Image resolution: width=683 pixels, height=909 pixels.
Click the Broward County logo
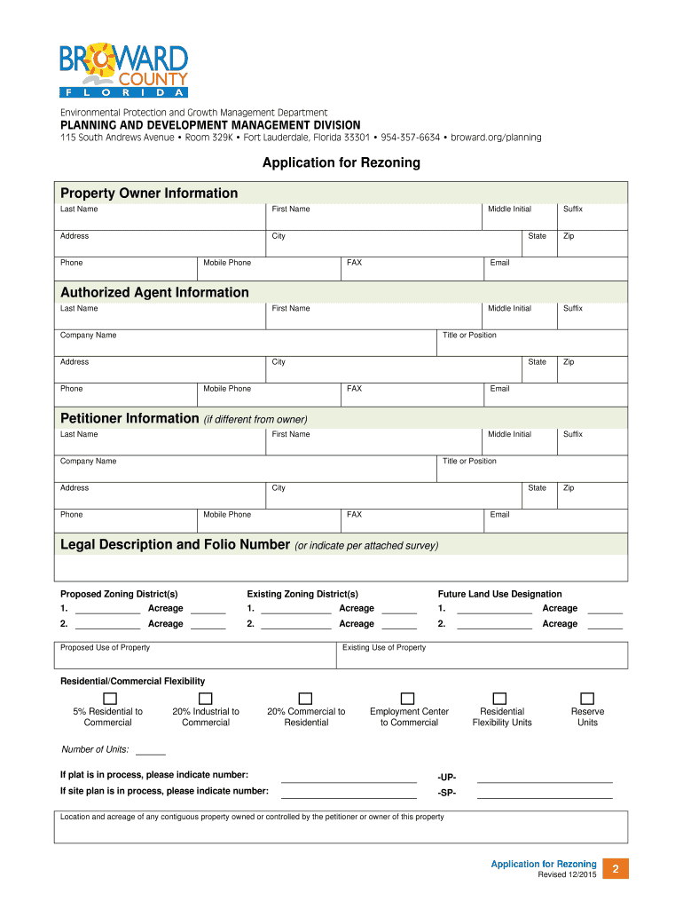click(x=123, y=69)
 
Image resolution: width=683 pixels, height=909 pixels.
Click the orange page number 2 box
click(x=614, y=869)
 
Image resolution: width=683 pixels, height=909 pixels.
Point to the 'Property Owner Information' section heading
click(x=149, y=194)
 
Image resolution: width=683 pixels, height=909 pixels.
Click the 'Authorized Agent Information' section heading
click(x=154, y=293)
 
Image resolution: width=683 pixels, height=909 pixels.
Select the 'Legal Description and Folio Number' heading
click(x=175, y=544)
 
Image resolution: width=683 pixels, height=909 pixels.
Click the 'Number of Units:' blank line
click(x=150, y=753)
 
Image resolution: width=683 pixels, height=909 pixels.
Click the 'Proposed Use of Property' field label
click(x=105, y=648)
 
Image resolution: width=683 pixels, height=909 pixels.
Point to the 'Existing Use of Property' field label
click(x=384, y=648)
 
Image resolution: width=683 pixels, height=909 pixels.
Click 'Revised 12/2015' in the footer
click(x=567, y=875)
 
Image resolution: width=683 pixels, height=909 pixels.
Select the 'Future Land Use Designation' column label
click(x=499, y=595)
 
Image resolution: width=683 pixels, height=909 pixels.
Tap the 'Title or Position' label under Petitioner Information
click(x=469, y=462)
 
